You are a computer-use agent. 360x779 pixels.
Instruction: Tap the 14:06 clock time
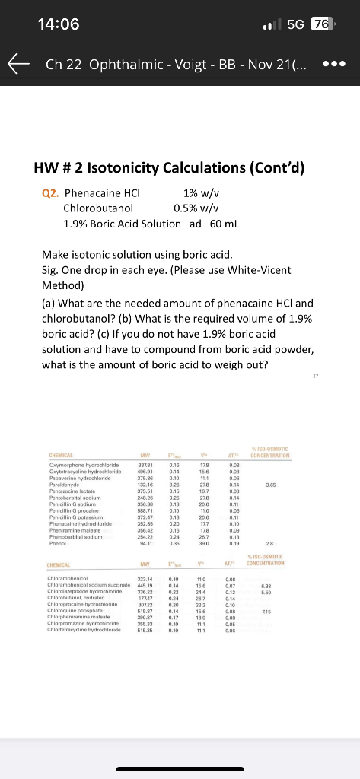tap(59, 24)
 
